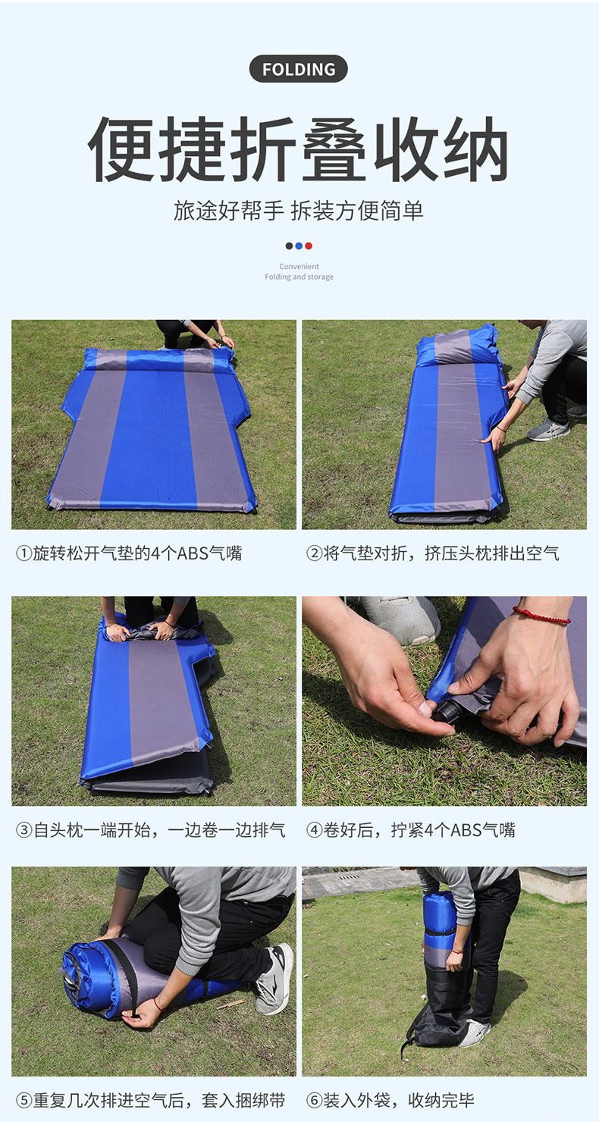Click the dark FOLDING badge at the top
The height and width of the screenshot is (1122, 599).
pos(299,69)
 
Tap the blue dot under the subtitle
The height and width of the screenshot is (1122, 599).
pos(299,246)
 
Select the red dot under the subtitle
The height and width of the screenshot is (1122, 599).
pos(309,246)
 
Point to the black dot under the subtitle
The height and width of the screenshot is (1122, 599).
pos(289,246)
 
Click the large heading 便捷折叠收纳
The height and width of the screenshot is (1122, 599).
pos(299,149)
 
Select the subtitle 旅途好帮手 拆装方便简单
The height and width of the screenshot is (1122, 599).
pos(299,211)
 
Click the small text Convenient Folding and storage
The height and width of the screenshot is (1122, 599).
pos(299,271)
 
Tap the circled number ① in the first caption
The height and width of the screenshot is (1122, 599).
pos(24,553)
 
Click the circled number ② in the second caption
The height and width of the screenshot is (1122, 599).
pos(314,553)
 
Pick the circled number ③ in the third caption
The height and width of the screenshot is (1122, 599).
pos(24,830)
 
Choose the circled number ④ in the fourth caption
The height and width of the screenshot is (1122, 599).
pos(314,830)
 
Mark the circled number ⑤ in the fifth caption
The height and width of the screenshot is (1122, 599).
pos(24,1101)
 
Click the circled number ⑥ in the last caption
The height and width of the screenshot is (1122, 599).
pos(314,1101)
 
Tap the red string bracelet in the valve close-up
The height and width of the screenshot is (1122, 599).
pos(541,616)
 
